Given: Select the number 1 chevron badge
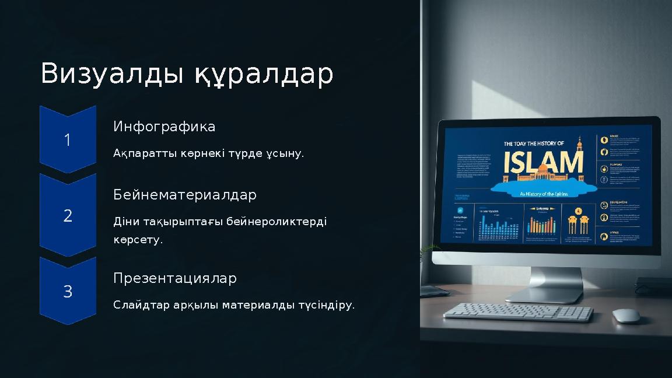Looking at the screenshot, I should coord(68,140).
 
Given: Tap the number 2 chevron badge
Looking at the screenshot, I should coord(68,216).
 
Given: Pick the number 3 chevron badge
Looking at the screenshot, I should coord(68,291).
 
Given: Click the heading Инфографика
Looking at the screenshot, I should coord(164,127).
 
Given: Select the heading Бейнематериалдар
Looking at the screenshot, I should coord(184,195).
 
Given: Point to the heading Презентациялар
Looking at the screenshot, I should coord(174,278).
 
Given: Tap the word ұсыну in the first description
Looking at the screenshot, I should coord(284,154).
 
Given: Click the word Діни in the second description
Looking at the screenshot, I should coord(126,222).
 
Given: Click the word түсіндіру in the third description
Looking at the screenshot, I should coord(325,305).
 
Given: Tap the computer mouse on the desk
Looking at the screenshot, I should coord(626,316).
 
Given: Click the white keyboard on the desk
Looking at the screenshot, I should coord(517,313).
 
